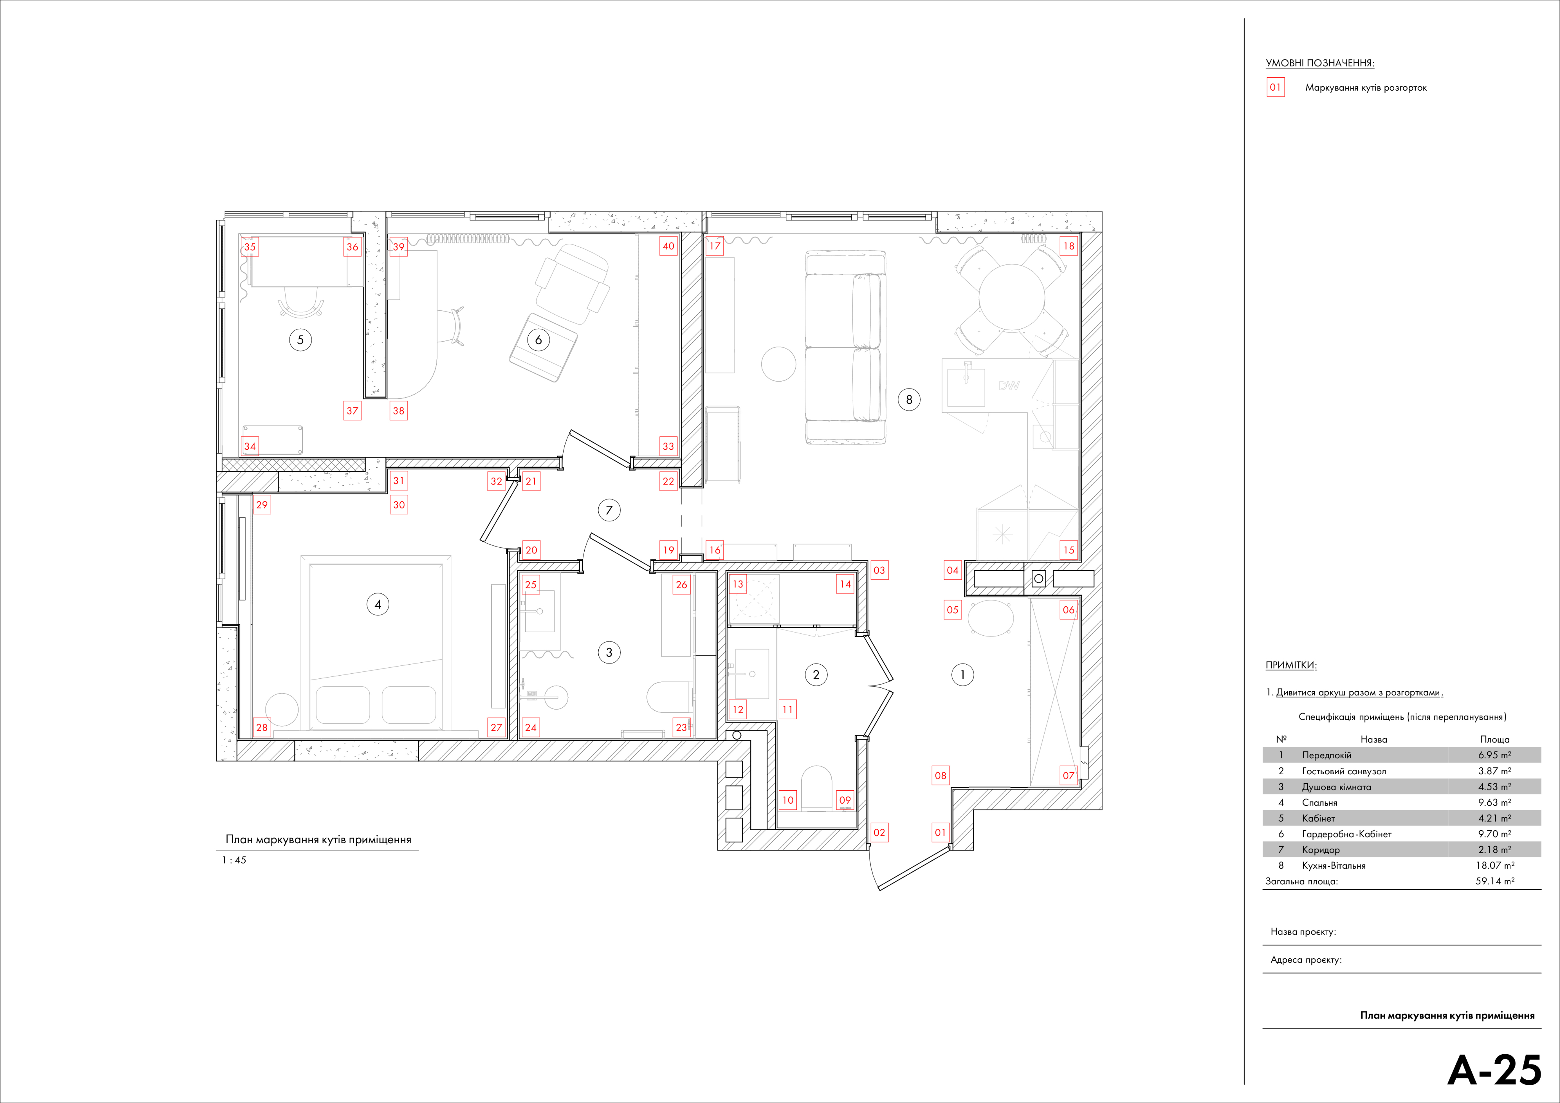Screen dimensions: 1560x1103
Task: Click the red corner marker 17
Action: [715, 246]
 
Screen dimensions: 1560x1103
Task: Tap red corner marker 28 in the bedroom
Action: [262, 727]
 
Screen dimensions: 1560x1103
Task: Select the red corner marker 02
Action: [879, 833]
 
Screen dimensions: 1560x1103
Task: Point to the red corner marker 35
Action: [250, 247]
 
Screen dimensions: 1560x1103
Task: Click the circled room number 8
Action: [909, 400]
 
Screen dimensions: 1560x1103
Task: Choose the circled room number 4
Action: [378, 604]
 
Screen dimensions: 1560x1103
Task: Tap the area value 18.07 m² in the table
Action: [1495, 865]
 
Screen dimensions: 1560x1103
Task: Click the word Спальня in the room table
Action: [1319, 802]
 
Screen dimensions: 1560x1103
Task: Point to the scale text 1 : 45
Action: [234, 860]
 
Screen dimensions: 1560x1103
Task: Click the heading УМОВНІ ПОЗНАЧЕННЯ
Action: [1319, 63]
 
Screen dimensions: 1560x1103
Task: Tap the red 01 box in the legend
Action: [1275, 88]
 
